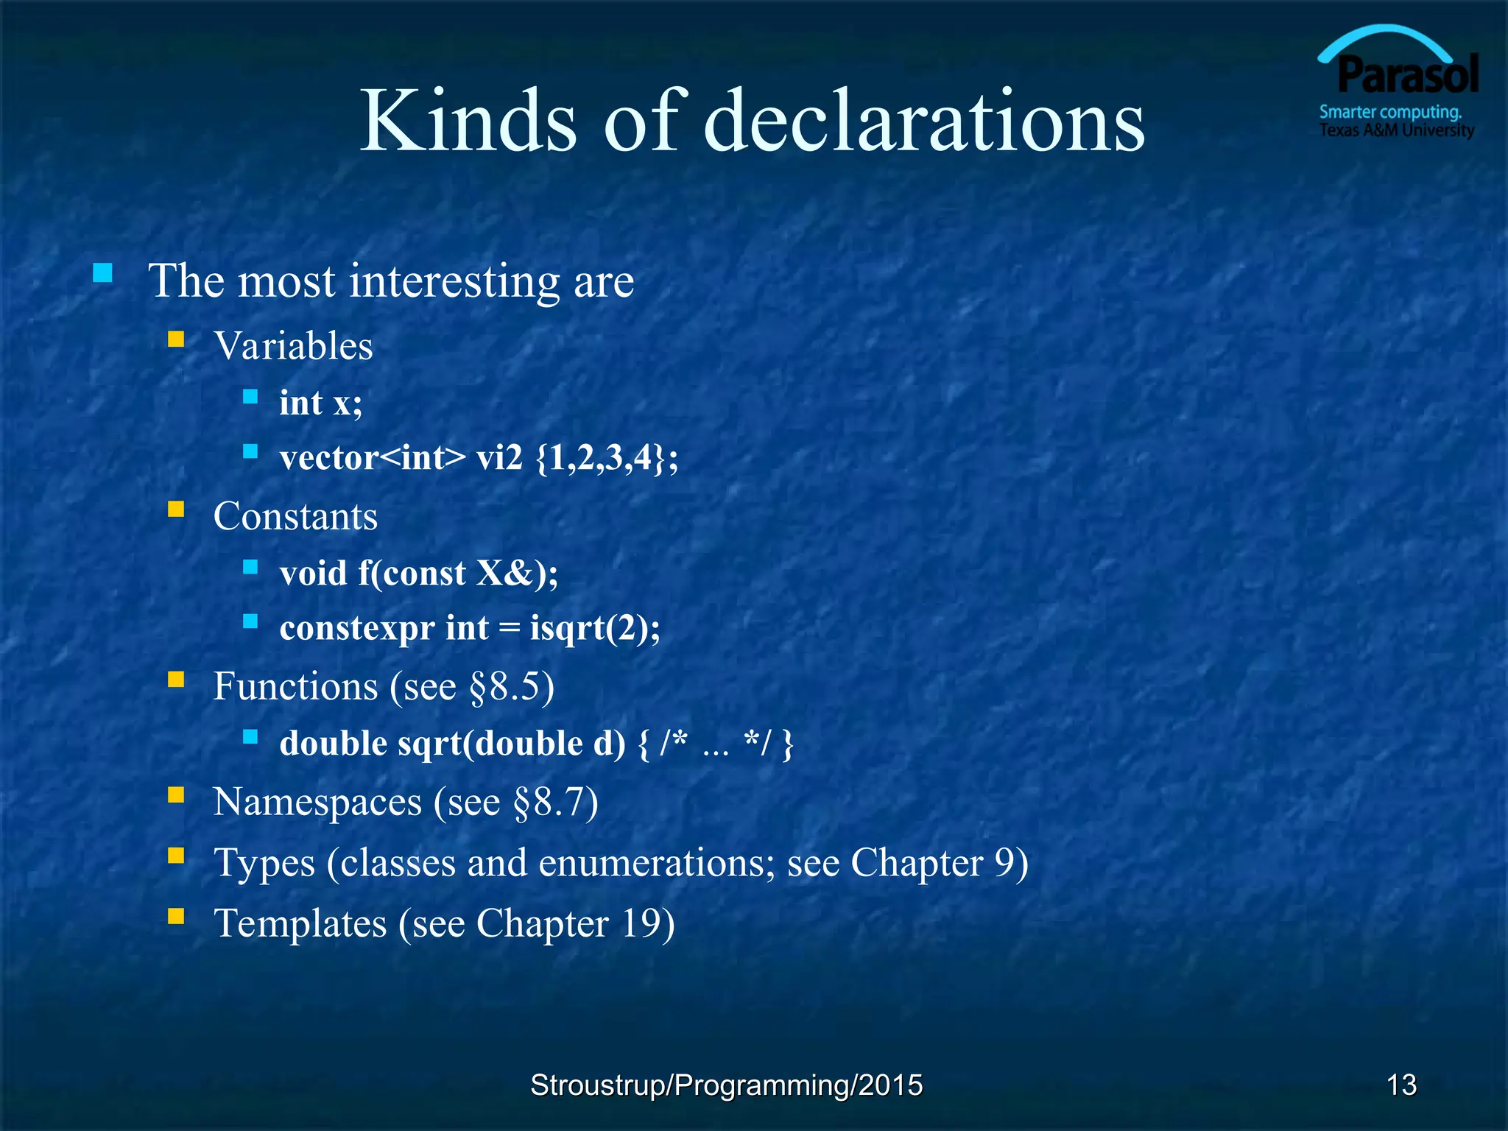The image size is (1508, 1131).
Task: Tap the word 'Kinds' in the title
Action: tap(468, 121)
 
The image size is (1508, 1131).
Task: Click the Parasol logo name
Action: tap(1408, 76)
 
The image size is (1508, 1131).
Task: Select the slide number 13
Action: tap(1401, 1085)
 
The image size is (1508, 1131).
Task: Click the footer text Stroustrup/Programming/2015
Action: tap(726, 1085)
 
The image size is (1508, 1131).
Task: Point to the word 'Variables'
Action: tap(293, 345)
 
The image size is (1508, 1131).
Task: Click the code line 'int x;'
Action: tap(321, 403)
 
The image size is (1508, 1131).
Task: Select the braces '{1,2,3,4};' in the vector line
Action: tap(607, 458)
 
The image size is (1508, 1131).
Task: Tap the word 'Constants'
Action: tap(295, 515)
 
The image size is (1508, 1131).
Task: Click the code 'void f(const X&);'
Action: tap(418, 573)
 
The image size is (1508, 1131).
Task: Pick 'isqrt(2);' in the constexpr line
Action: tap(595, 628)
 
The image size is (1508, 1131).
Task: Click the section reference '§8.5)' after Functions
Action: tap(512, 686)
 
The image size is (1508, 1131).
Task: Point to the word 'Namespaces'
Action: tap(317, 802)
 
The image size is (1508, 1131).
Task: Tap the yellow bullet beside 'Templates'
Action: tap(176, 916)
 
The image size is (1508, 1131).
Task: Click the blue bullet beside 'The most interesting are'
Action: tap(103, 274)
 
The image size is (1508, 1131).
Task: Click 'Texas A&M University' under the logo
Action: tap(1396, 130)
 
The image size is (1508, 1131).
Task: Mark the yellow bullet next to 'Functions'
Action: tap(176, 679)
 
